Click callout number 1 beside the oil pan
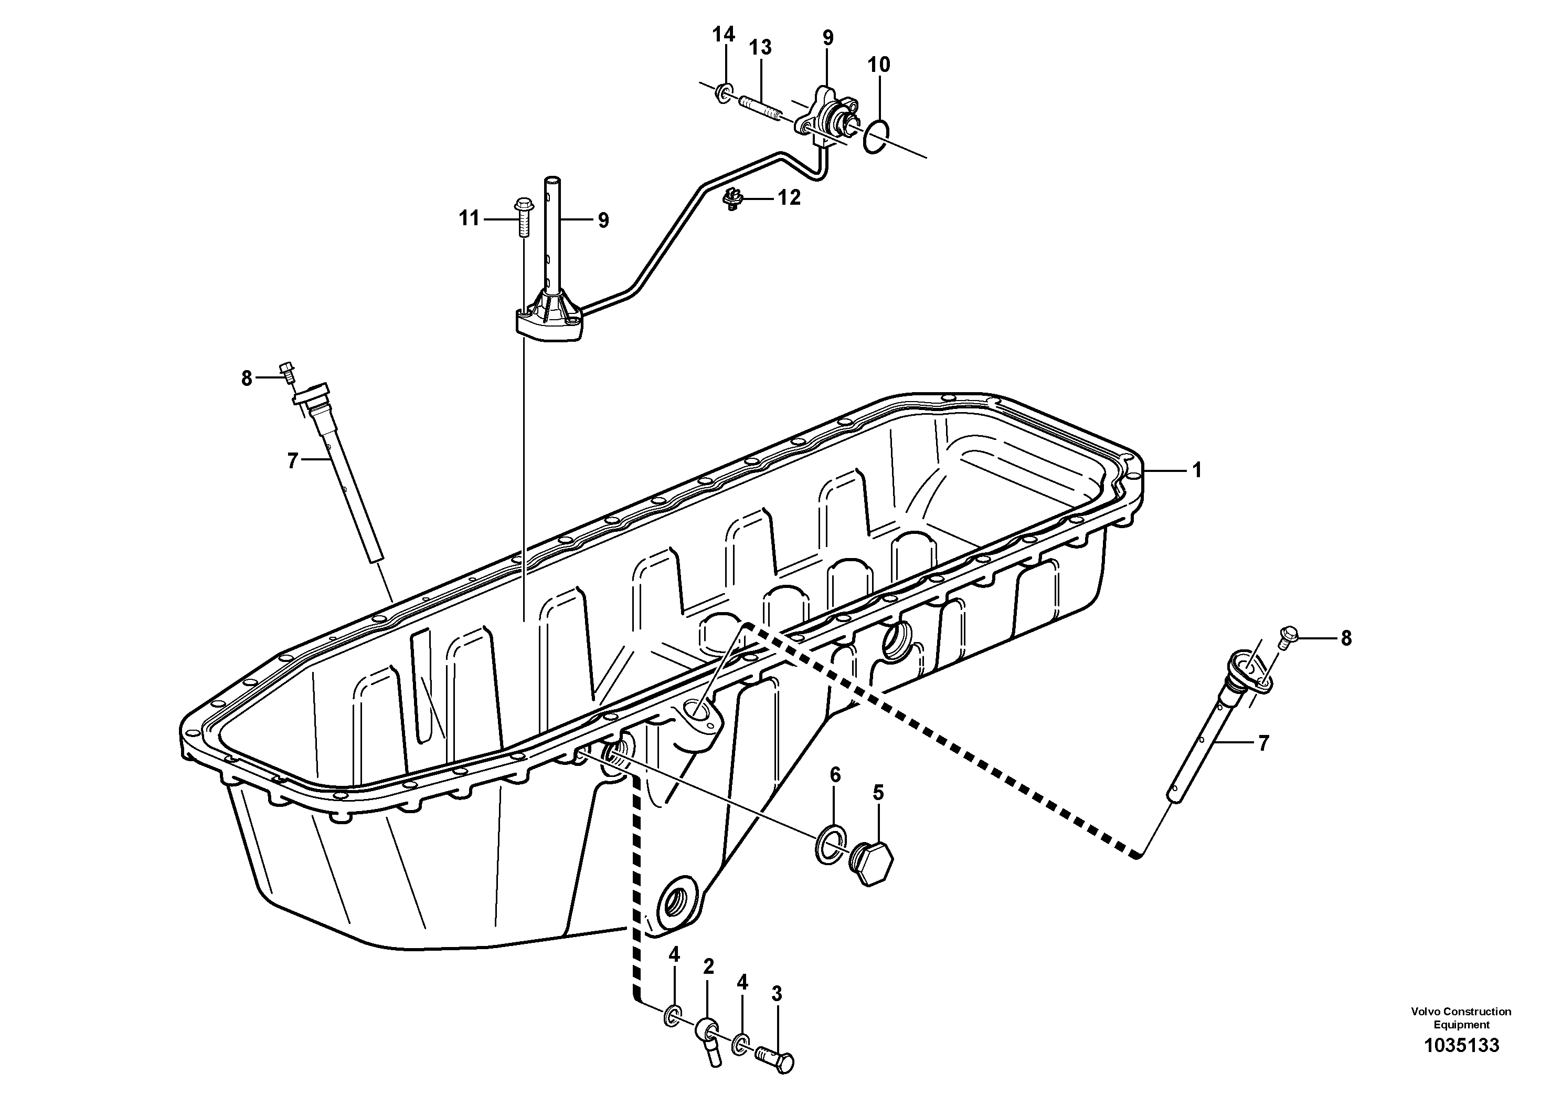(x=1197, y=470)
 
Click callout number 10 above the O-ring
(x=879, y=65)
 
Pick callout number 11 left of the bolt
(x=469, y=218)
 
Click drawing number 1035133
(x=1461, y=1064)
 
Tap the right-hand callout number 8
(x=1346, y=638)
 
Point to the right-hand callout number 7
(x=1263, y=743)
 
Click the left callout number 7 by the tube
(x=293, y=461)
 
